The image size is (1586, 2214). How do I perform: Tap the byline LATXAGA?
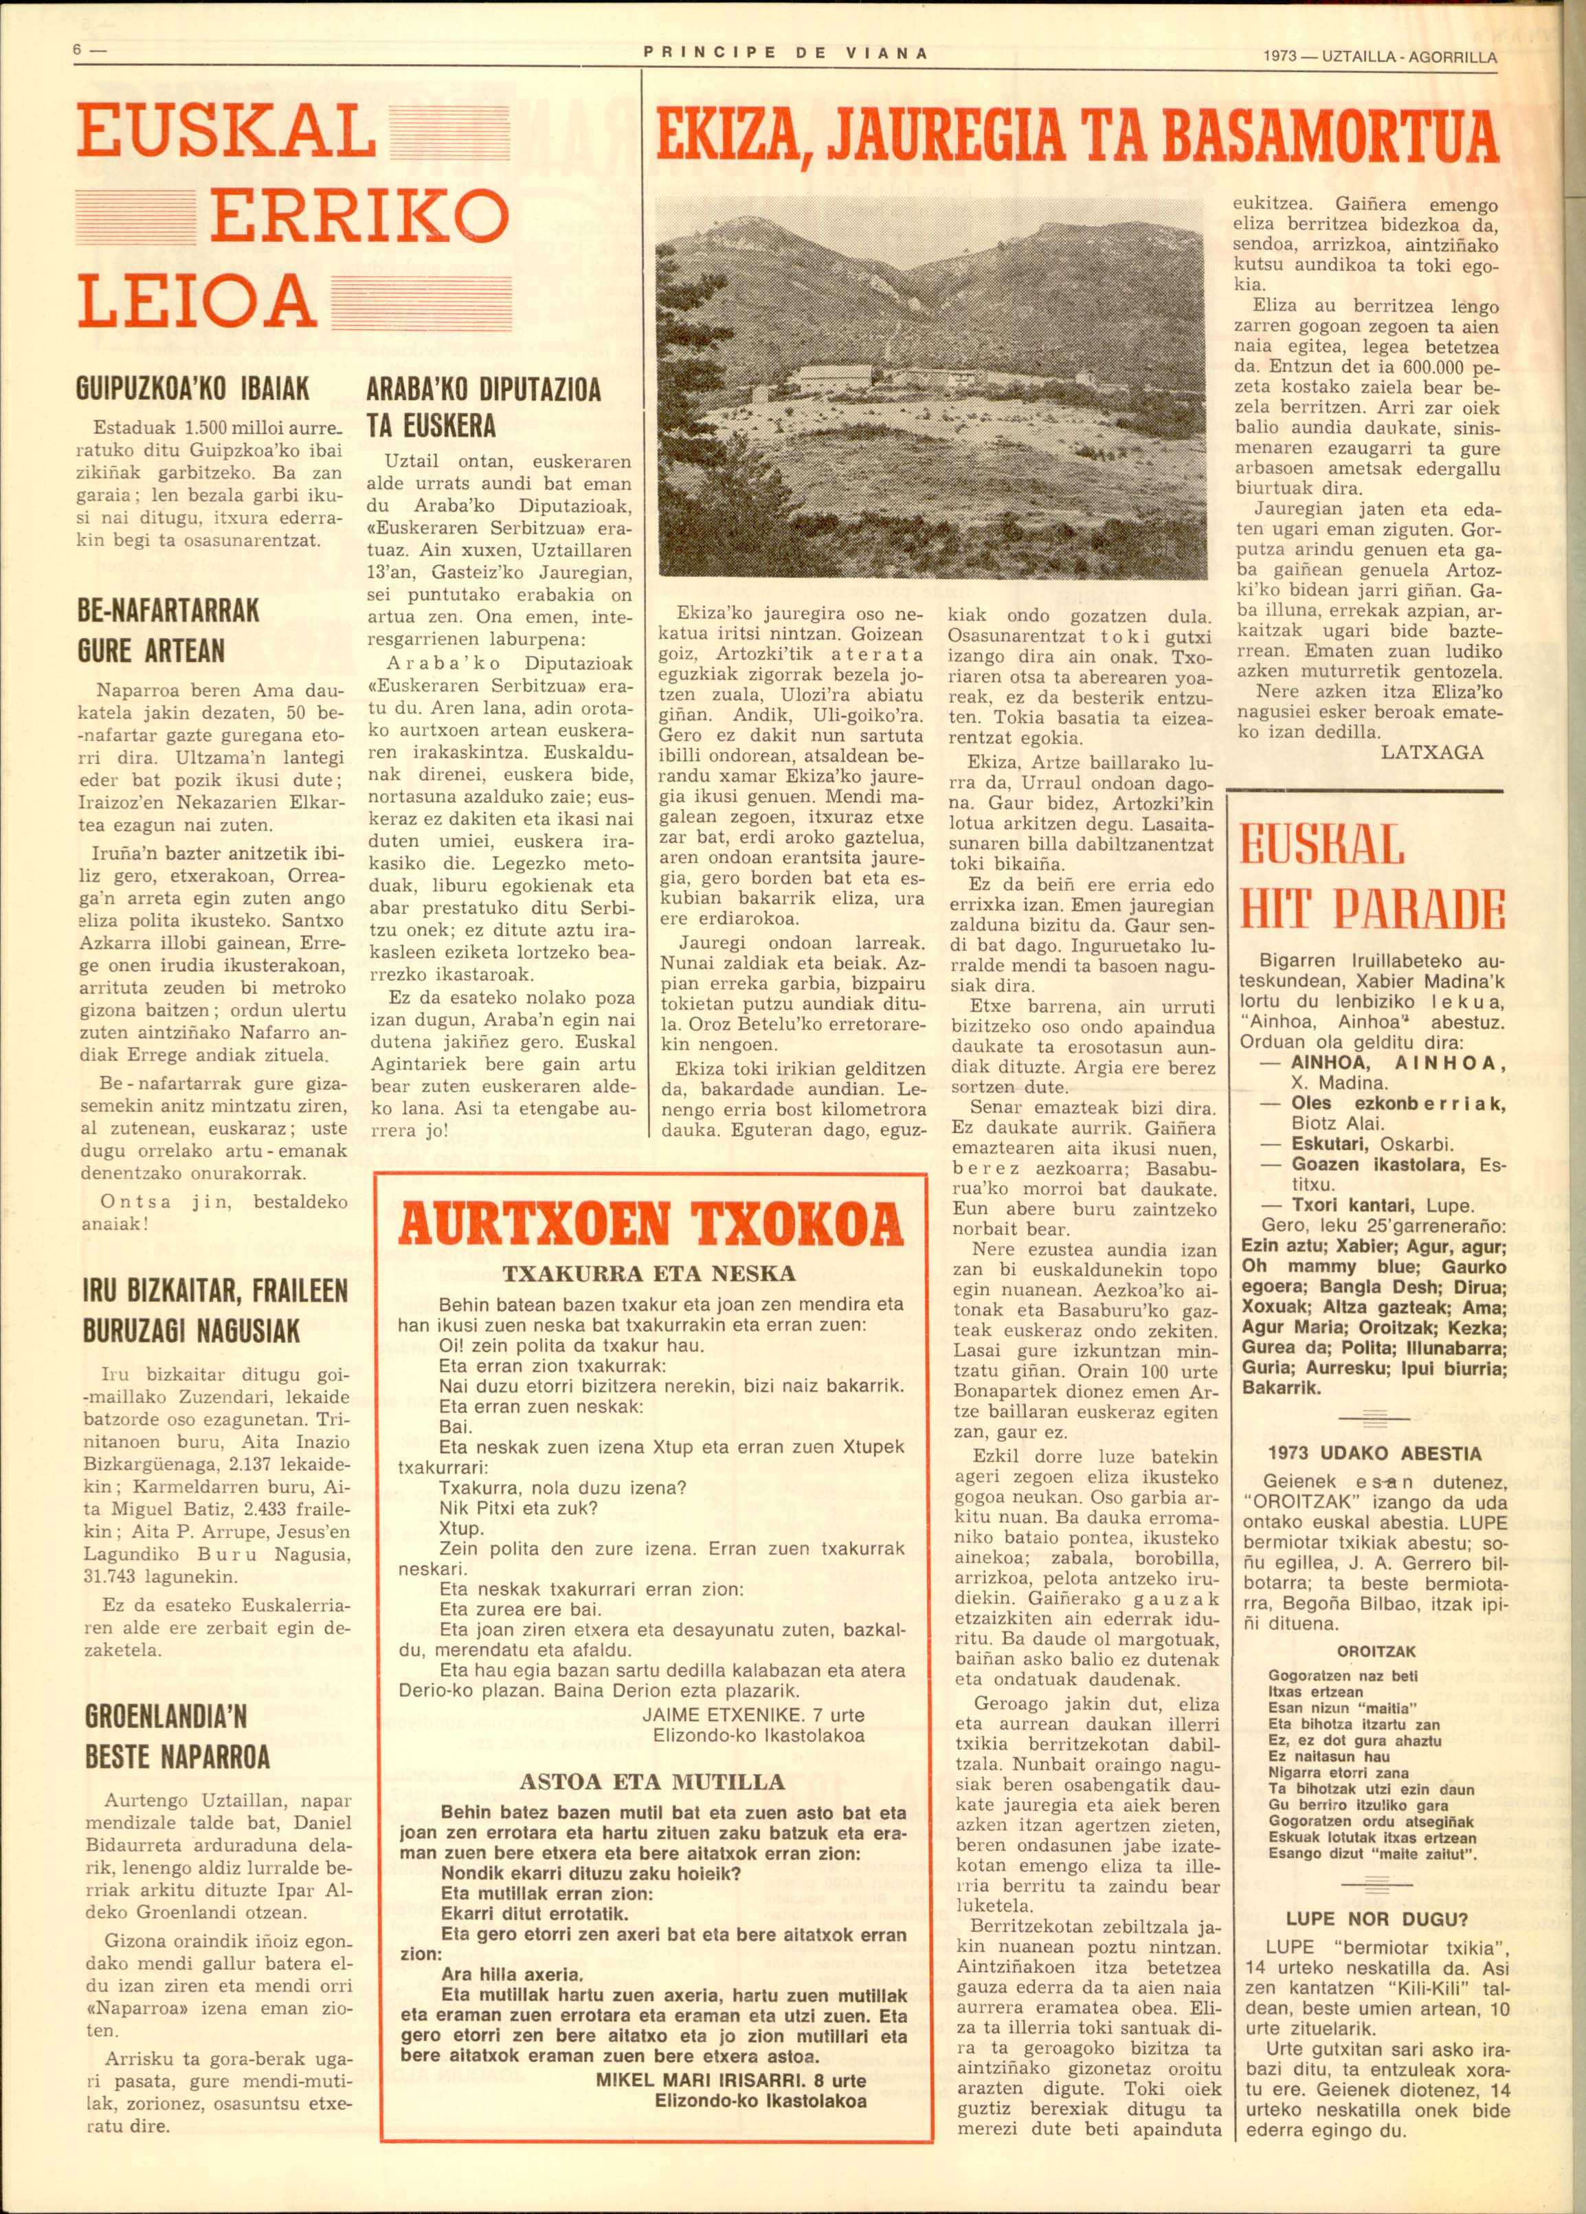pos(1432,752)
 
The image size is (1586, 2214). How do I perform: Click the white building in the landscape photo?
pos(834,375)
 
